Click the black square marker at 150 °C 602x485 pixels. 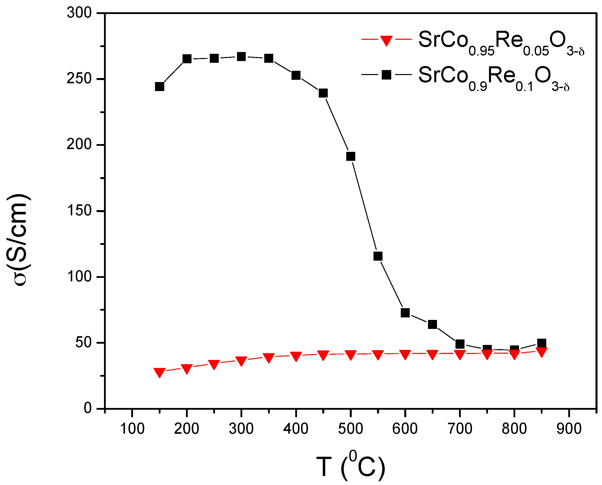tap(159, 87)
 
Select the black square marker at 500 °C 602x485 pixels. tap(351, 156)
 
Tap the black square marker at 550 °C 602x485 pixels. tap(378, 256)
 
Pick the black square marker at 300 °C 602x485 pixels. tap(241, 57)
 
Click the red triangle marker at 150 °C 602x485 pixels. tap(159, 372)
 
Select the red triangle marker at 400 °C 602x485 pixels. tap(296, 356)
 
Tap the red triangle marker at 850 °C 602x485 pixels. tap(542, 352)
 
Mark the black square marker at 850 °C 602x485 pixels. tap(542, 343)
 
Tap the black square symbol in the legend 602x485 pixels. tap(386, 75)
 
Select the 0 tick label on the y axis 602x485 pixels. tap(88, 408)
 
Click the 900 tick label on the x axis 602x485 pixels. tap(569, 428)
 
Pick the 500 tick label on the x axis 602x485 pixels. tap(350, 428)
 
